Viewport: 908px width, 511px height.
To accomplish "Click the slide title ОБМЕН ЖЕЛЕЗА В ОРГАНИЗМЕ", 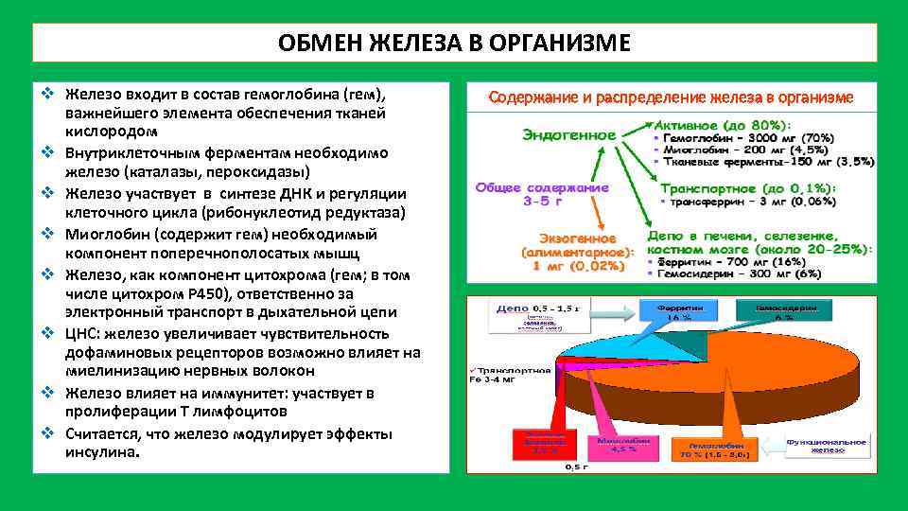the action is coord(455,44).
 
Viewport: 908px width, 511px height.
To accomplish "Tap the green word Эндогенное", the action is coord(569,135).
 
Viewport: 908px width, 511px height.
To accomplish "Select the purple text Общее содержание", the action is coord(542,187).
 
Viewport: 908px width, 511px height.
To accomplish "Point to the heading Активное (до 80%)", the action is coord(724,124).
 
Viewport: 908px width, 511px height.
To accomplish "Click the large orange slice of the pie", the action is coord(719,379).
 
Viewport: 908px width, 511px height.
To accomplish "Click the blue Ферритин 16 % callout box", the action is coord(679,312).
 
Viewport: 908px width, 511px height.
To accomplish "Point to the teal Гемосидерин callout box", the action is coord(784,312).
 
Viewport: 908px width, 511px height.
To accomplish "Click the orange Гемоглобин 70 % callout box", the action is coord(717,450).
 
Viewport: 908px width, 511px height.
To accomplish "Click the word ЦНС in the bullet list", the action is coord(80,333).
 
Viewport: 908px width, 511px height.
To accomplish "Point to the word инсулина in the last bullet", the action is coord(100,452).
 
